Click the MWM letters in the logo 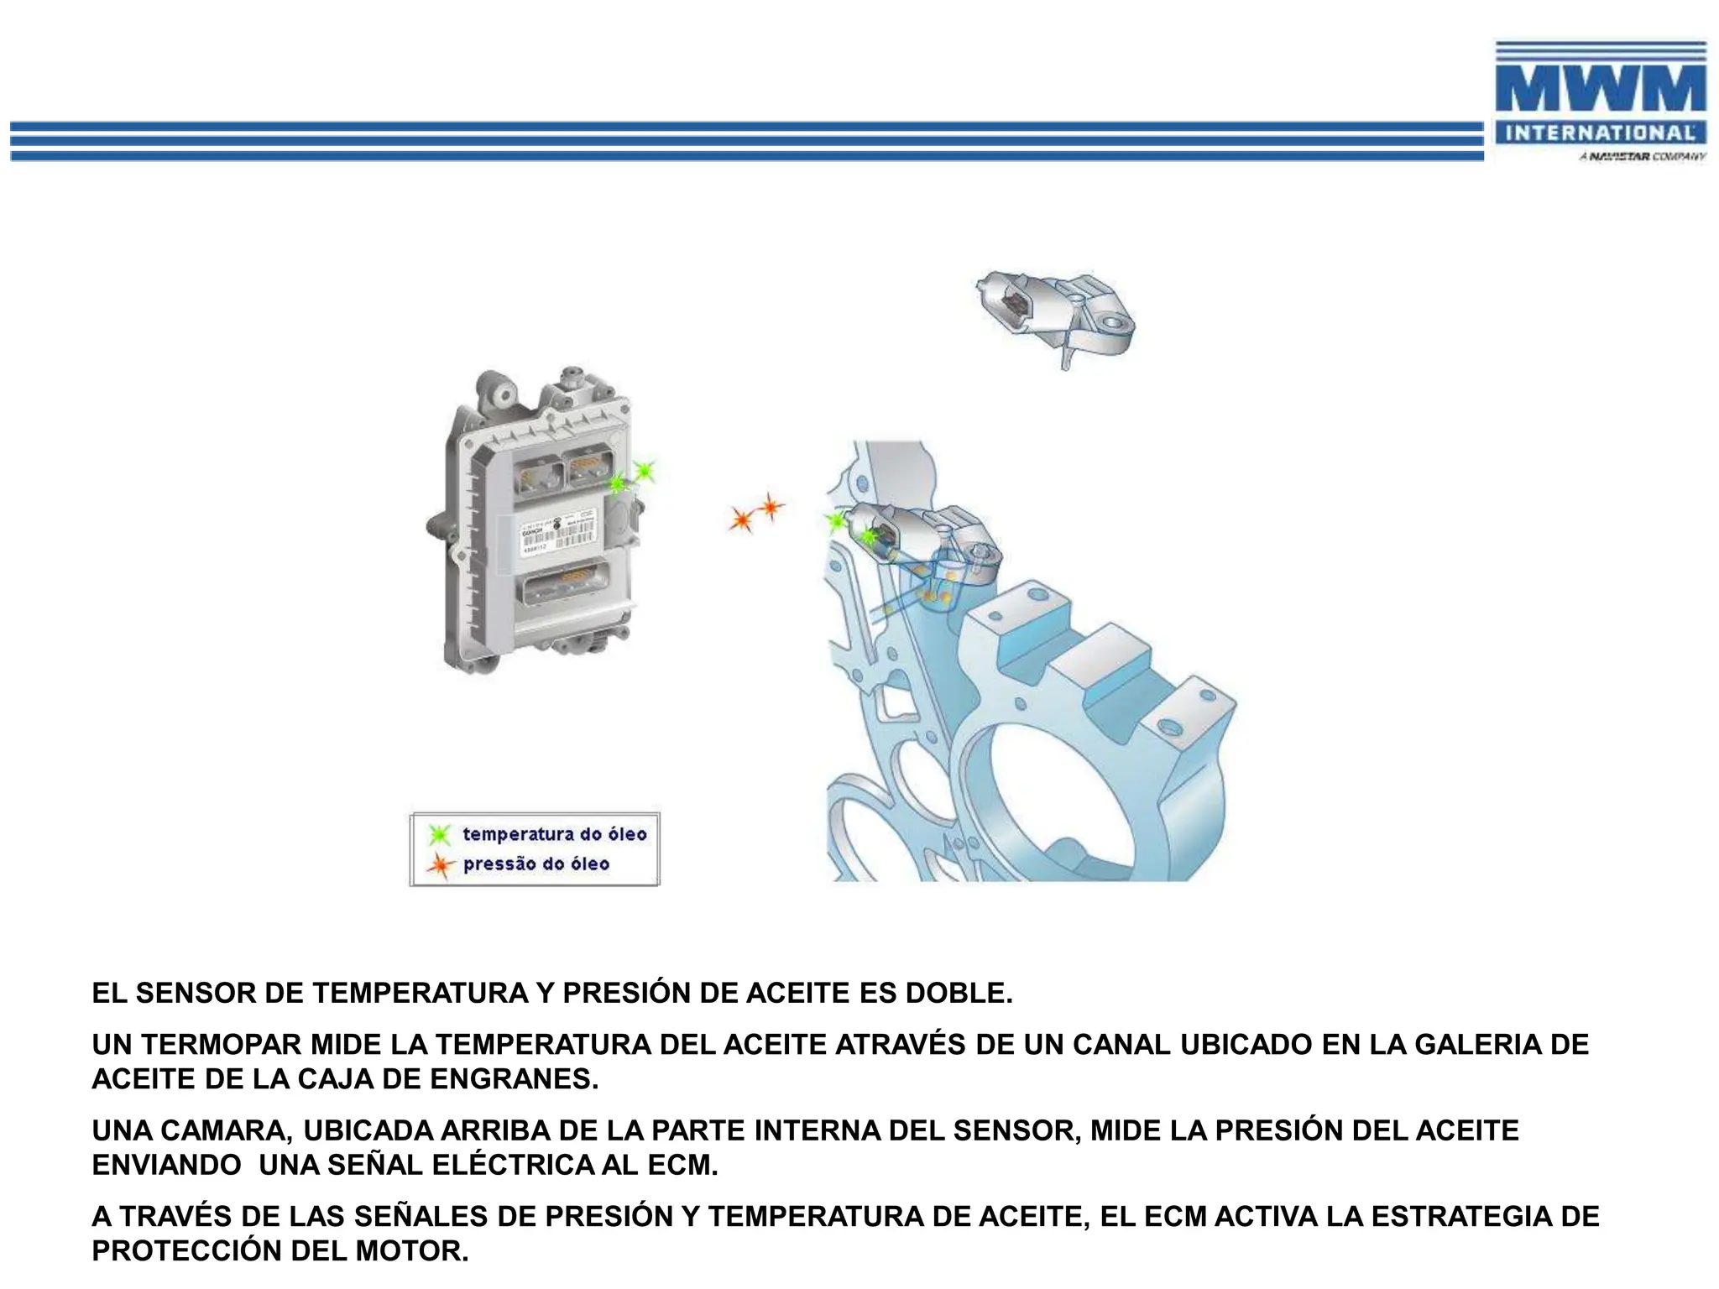point(1600,88)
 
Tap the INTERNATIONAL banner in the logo point(1600,133)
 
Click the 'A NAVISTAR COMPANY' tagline point(1642,157)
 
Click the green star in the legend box point(439,835)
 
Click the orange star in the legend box point(439,865)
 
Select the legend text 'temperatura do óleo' point(554,834)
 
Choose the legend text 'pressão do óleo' point(536,864)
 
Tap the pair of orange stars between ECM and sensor point(755,513)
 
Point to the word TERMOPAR point(221,1045)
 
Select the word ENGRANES point(513,1079)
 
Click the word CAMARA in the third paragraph point(226,1131)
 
